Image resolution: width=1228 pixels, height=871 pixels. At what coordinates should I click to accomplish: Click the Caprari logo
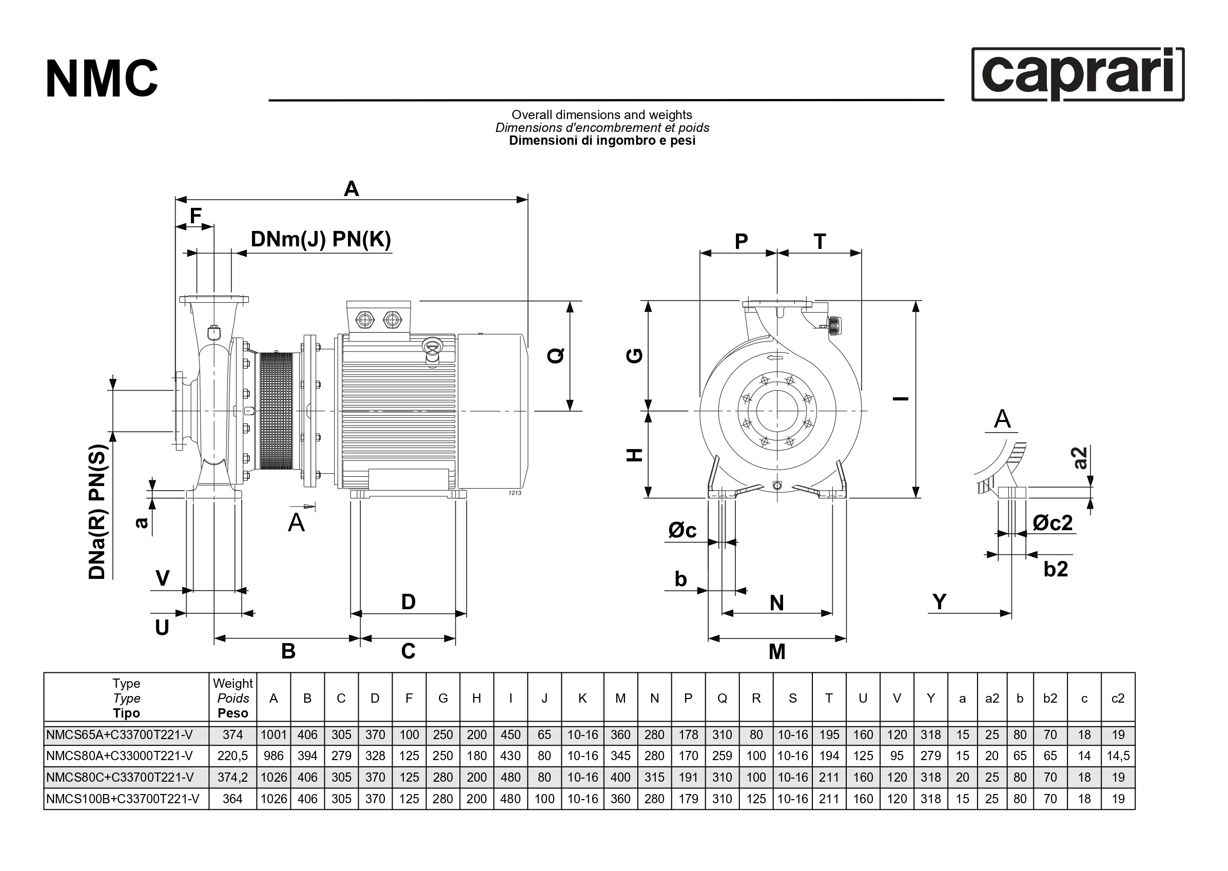(x=1077, y=75)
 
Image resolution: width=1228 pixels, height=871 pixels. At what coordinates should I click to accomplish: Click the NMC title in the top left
(x=102, y=80)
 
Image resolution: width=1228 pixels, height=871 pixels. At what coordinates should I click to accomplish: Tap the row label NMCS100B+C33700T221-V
(x=123, y=799)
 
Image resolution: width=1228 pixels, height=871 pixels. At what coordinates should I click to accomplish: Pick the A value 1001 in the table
(x=274, y=735)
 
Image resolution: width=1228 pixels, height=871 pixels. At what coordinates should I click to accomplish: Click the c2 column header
(x=1118, y=699)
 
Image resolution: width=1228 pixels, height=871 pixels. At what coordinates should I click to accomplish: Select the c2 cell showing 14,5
(x=1118, y=756)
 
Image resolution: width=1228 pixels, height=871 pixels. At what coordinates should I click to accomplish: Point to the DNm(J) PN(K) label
(x=321, y=239)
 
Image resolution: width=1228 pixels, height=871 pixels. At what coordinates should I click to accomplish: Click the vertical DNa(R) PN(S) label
(x=98, y=512)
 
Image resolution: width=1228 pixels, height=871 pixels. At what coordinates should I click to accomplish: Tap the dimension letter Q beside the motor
(x=556, y=355)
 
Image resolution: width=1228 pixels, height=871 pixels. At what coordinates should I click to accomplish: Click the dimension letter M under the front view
(x=776, y=652)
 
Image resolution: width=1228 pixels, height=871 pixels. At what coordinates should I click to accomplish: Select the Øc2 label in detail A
(x=1052, y=522)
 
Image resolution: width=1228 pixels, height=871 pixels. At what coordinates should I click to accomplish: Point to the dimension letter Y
(x=940, y=602)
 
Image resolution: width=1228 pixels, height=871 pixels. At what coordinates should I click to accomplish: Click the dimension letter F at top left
(x=196, y=216)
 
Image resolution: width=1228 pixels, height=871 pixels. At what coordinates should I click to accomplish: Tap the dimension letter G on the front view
(x=635, y=356)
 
